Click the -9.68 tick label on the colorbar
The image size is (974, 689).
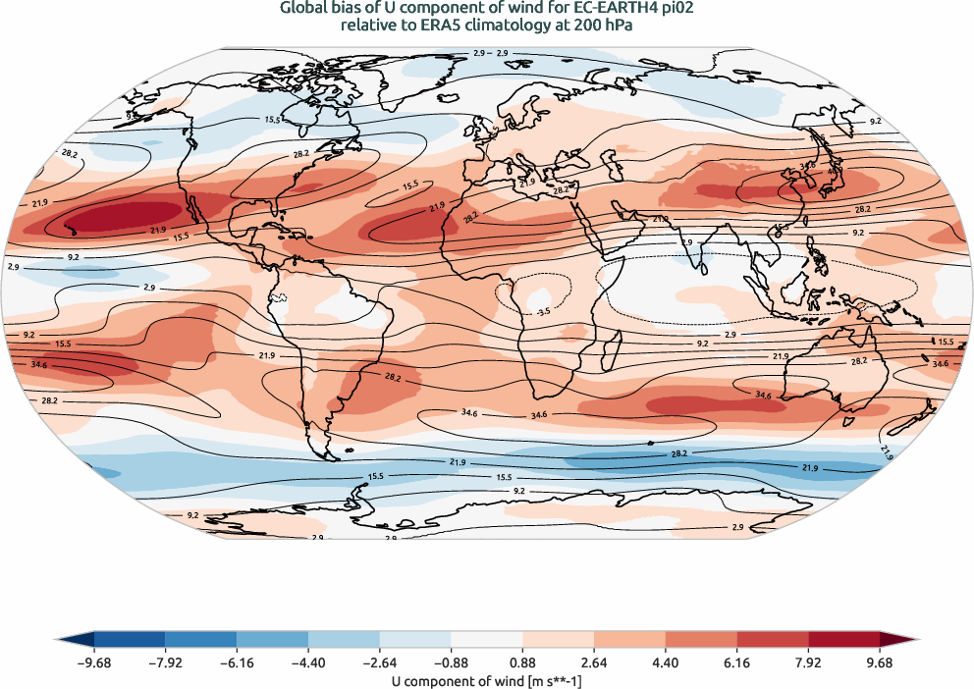(94, 662)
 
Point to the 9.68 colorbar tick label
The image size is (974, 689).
(880, 662)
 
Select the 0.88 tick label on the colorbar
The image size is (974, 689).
(522, 662)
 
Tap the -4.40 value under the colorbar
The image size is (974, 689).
(308, 662)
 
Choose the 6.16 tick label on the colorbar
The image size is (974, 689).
(736, 662)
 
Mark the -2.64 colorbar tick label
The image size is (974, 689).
(380, 662)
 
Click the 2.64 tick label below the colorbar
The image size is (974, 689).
(594, 662)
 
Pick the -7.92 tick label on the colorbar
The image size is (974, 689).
(166, 662)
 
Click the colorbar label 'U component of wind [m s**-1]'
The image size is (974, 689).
(487, 679)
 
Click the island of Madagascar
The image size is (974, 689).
(613, 349)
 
